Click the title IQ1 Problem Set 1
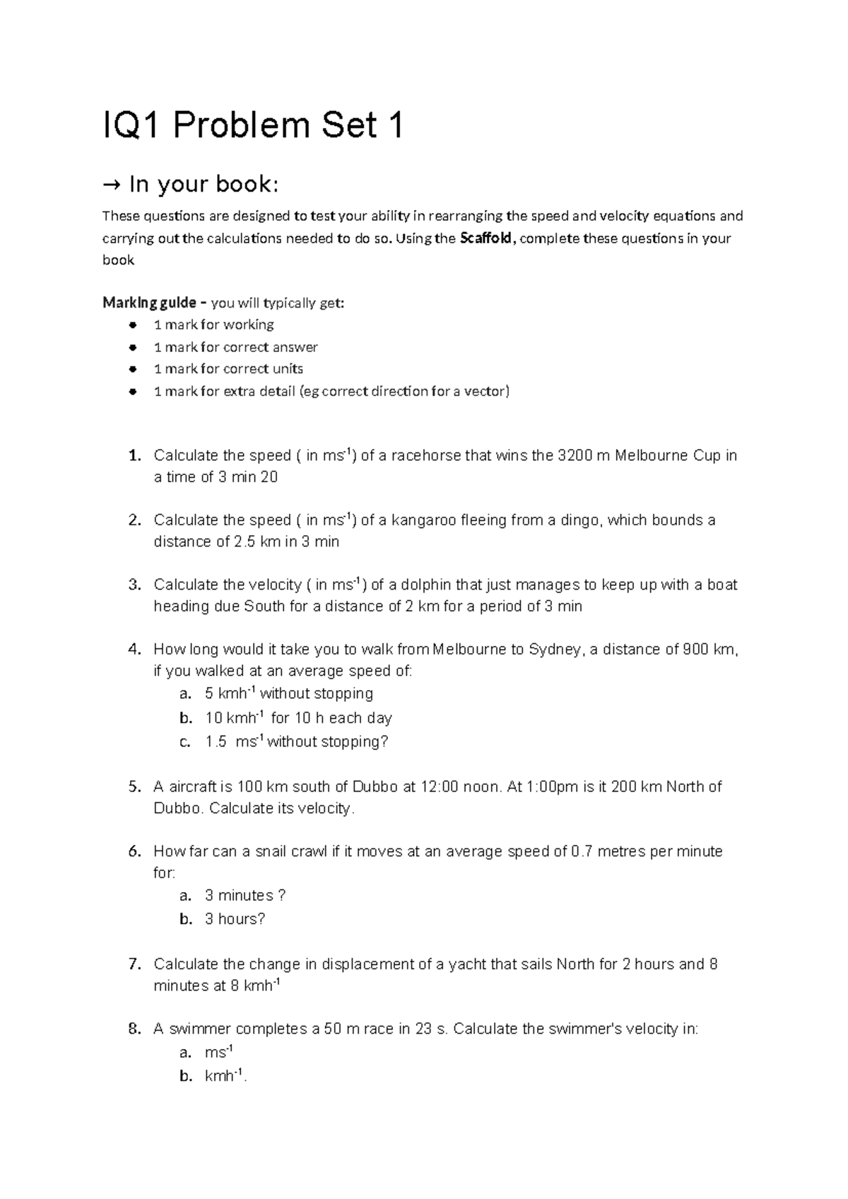tap(253, 127)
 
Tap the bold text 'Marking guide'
tap(149, 303)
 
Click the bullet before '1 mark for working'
tap(132, 325)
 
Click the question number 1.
tap(135, 455)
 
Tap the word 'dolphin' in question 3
tap(428, 585)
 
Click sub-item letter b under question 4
tap(186, 718)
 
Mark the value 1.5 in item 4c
tap(216, 742)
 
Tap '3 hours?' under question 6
tap(235, 919)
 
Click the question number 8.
tap(135, 1029)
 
